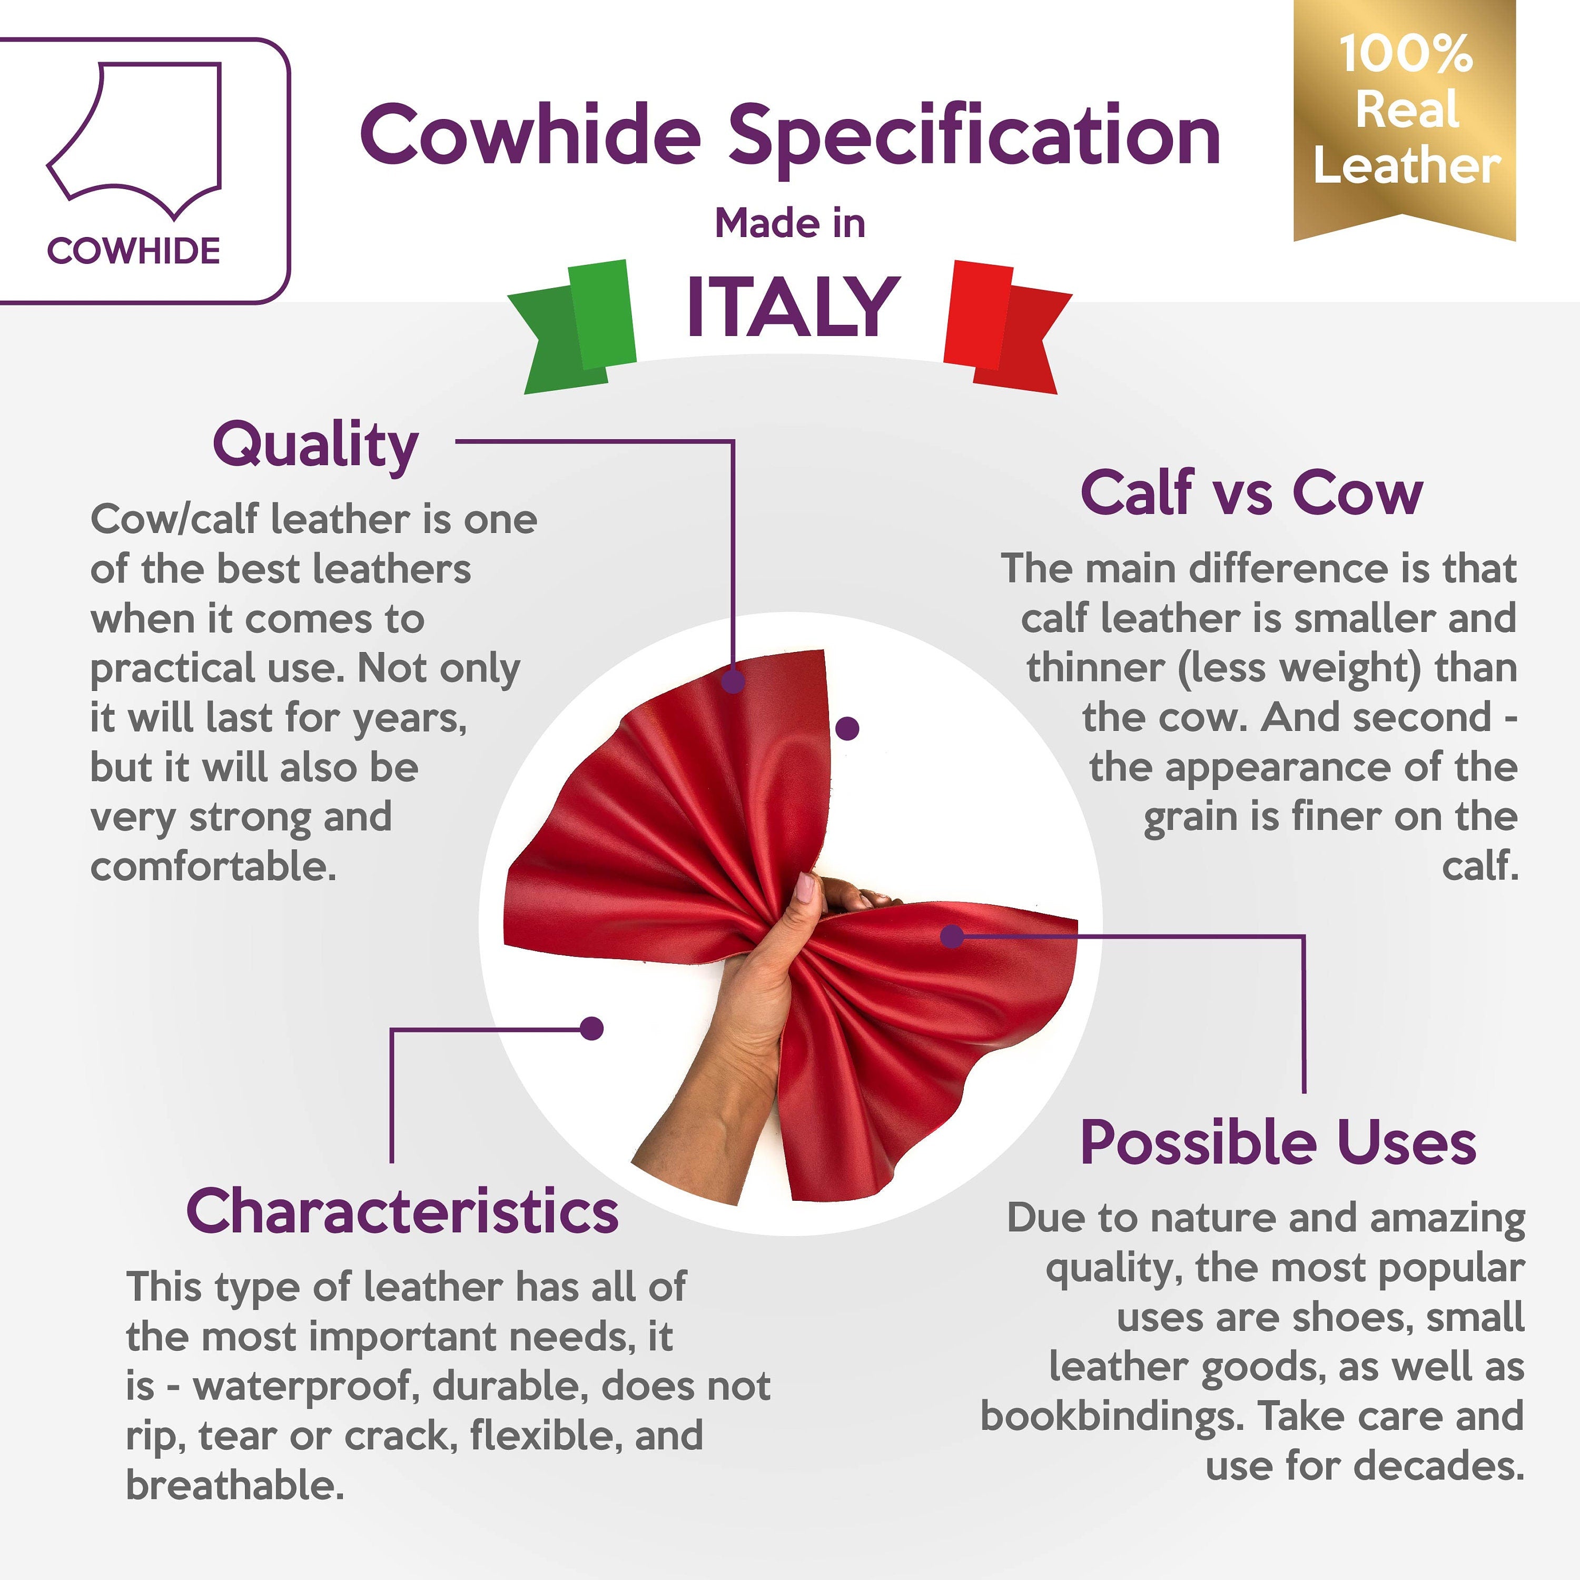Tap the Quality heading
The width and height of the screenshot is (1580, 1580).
(x=315, y=446)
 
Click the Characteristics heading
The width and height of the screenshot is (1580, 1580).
(x=402, y=1211)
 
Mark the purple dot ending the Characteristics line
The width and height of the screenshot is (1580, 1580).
(x=591, y=1028)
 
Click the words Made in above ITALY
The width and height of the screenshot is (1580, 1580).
(x=790, y=223)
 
